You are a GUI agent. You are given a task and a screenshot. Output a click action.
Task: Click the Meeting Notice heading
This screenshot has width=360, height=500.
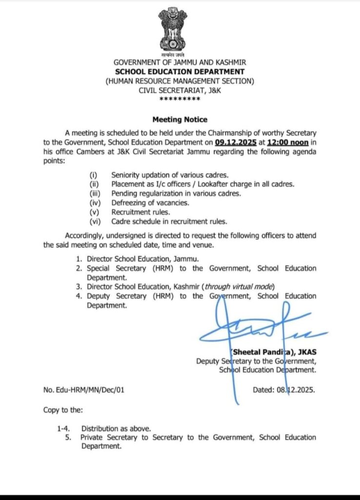click(x=180, y=119)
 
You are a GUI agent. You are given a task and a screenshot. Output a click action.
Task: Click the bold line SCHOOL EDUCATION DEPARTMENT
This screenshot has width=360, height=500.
click(x=180, y=72)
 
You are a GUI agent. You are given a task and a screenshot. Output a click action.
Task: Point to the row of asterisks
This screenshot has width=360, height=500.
click(x=180, y=99)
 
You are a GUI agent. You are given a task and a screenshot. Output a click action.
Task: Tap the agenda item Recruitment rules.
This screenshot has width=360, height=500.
click(x=140, y=212)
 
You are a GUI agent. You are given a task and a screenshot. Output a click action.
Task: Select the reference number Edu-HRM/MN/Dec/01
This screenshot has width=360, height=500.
click(x=92, y=390)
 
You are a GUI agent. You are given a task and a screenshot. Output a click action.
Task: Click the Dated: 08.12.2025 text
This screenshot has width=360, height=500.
click(x=284, y=390)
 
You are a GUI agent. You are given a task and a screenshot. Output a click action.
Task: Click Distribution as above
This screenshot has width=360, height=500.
click(x=116, y=428)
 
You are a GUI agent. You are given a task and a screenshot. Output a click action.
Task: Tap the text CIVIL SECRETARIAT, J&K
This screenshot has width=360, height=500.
click(x=180, y=90)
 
